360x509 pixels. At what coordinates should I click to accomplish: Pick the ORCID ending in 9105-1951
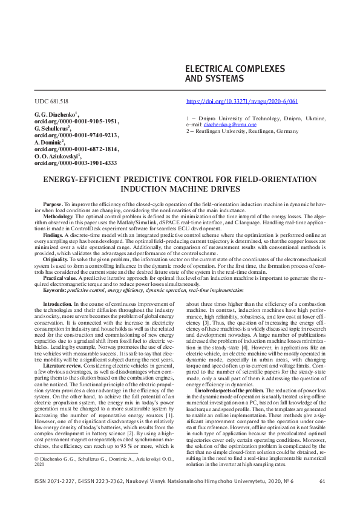pos(76,122)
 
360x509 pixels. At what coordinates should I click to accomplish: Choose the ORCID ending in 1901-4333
pos(75,163)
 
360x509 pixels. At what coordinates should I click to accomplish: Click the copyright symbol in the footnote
pos(37,460)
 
